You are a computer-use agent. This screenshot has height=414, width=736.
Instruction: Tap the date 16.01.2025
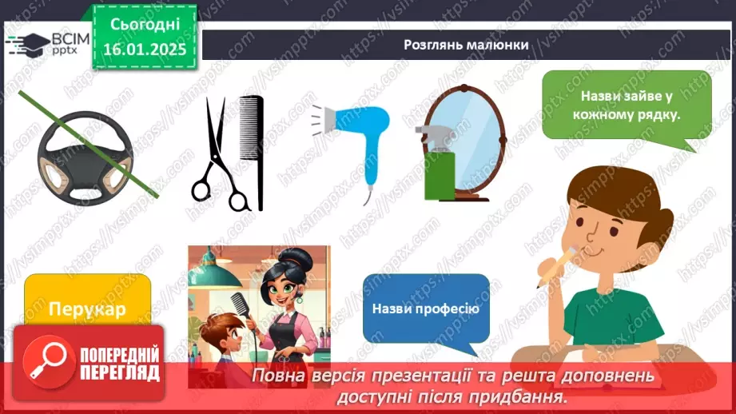point(145,49)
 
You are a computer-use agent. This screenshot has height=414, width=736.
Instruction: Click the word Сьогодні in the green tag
point(145,24)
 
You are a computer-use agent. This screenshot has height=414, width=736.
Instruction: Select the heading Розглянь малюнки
point(466,45)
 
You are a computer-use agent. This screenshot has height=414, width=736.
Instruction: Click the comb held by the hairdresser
point(241,308)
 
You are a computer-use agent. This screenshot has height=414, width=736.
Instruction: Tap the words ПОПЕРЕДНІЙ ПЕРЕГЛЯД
point(120,364)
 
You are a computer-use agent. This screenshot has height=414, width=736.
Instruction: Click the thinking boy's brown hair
point(615,193)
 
